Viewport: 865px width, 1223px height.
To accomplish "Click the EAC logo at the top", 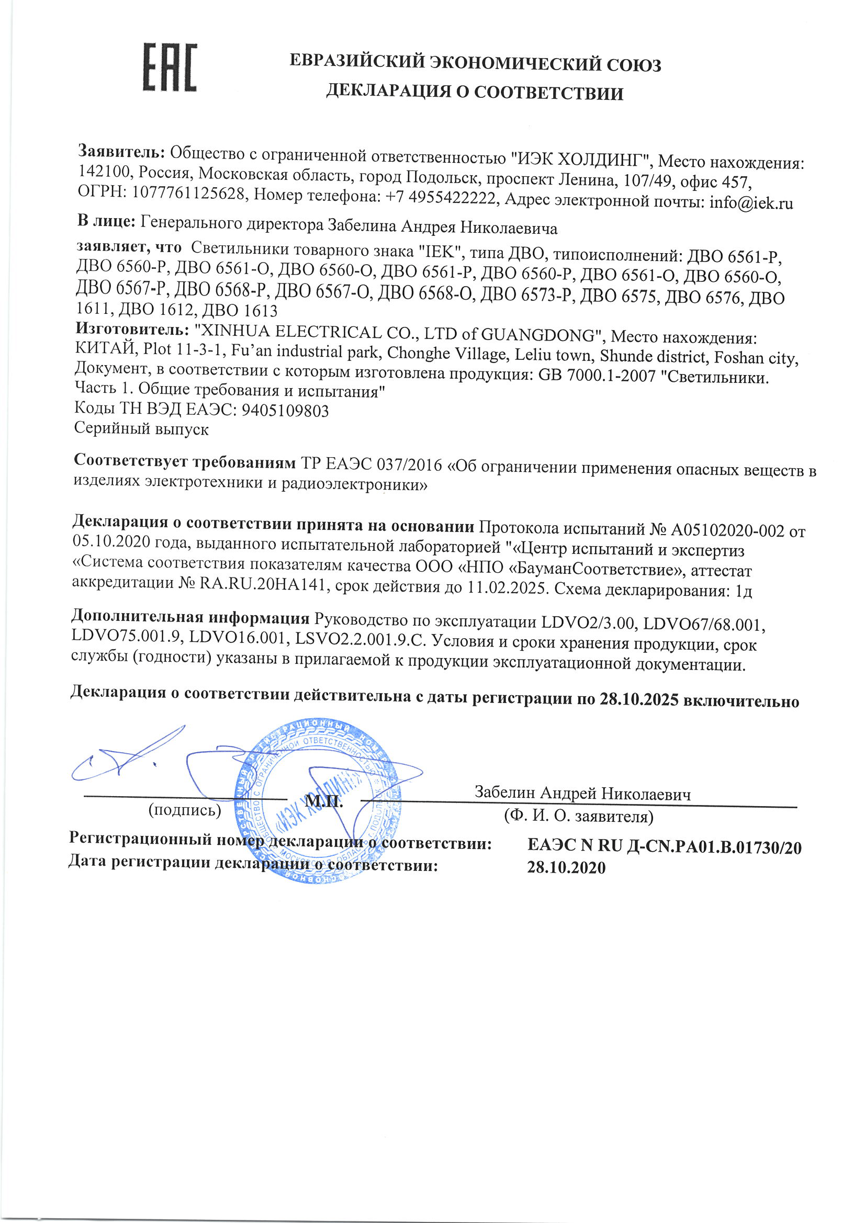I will coord(170,67).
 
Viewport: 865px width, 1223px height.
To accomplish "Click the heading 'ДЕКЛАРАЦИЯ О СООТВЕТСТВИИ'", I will coord(474,93).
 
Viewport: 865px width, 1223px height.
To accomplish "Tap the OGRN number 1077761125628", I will coord(189,193).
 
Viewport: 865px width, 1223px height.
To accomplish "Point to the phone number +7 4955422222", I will coord(440,198).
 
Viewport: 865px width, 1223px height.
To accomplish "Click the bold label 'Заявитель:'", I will coord(122,151).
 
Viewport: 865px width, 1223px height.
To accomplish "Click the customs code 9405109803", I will coord(285,410).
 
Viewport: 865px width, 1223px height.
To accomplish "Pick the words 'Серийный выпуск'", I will coord(141,429).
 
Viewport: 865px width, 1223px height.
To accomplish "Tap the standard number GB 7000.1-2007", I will coord(597,376).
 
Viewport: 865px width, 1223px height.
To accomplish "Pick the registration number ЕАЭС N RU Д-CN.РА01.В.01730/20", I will coord(664,846).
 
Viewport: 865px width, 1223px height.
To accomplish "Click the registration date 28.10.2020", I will coord(566,868).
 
